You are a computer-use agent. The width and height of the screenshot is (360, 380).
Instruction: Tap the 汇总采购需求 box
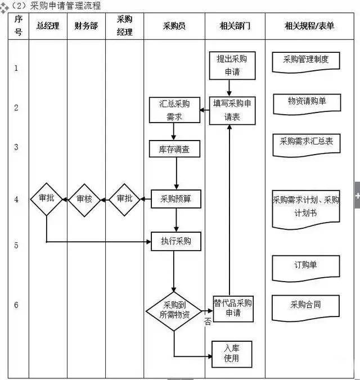(x=174, y=110)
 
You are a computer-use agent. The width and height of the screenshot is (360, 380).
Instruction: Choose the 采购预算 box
(x=176, y=198)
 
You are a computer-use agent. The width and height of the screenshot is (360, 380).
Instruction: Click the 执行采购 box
(x=176, y=241)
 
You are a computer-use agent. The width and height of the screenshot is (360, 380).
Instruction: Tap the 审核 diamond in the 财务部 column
(x=84, y=199)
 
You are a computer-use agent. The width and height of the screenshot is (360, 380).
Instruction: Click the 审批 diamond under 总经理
(x=47, y=199)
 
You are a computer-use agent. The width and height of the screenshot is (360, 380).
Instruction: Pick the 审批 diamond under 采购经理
(x=124, y=199)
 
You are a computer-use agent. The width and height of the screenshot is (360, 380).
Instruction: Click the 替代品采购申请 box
(x=232, y=307)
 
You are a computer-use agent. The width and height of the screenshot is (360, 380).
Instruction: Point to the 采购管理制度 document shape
(x=305, y=60)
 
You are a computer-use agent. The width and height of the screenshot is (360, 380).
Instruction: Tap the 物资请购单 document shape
(x=306, y=102)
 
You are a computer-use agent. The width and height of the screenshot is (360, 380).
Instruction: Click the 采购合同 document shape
(x=305, y=306)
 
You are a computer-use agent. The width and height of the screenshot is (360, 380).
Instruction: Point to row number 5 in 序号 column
(x=16, y=246)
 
